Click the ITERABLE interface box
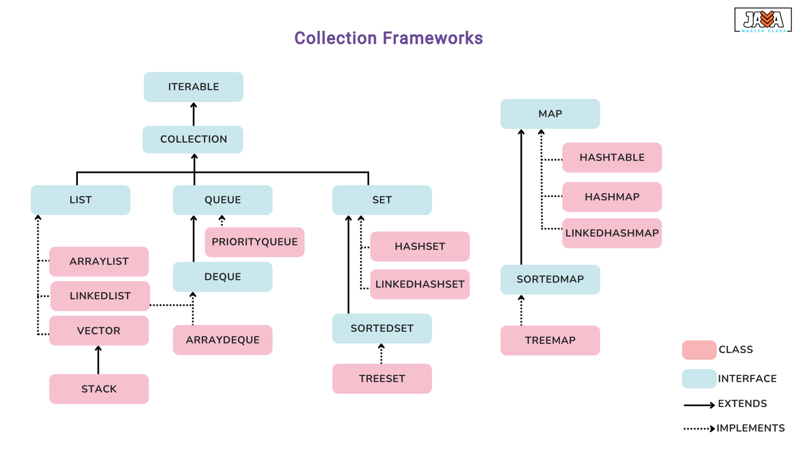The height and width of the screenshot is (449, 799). tap(194, 87)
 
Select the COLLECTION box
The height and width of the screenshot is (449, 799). tap(193, 139)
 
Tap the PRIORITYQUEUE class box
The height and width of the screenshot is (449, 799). tap(255, 242)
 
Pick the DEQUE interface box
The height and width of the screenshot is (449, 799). tap(223, 277)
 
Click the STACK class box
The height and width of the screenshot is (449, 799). tap(99, 389)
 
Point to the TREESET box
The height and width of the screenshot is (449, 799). tap(382, 379)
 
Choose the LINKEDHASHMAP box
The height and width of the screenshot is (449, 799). tap(612, 233)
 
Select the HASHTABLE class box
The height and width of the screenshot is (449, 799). tap(612, 158)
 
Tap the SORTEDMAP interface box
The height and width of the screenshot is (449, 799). tap(550, 279)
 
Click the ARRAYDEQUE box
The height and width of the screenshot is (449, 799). tap(223, 340)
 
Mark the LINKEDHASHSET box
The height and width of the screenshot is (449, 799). tap(420, 284)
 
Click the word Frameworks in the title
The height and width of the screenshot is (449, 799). tap(433, 38)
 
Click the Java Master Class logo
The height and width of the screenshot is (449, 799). tap(763, 20)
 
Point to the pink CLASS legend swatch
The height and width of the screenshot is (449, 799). tap(699, 350)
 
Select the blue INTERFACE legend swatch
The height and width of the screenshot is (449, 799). tap(699, 379)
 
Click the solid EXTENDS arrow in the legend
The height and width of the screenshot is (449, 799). tap(699, 405)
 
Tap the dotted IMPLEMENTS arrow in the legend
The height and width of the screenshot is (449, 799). tap(699, 429)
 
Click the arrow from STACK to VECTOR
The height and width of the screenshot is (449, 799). tap(98, 360)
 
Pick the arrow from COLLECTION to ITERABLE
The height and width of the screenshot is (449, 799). tap(194, 114)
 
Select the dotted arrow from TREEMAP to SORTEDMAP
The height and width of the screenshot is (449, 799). tap(521, 310)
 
